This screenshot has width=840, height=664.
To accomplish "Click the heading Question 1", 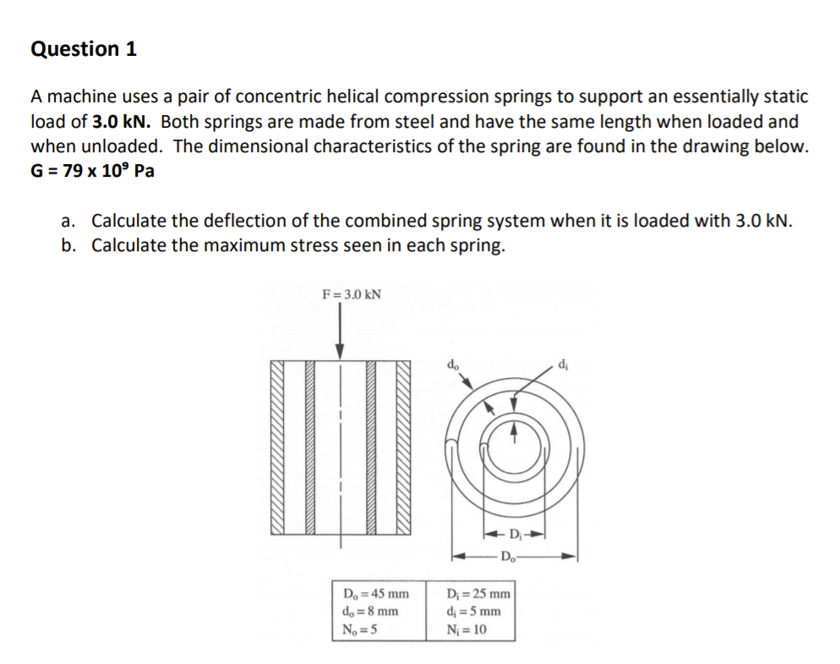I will [x=84, y=49].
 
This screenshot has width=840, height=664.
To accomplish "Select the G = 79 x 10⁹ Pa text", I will [x=92, y=170].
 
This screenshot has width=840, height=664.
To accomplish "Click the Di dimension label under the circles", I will [x=515, y=533].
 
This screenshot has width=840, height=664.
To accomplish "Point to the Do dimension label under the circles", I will [x=509, y=556].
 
